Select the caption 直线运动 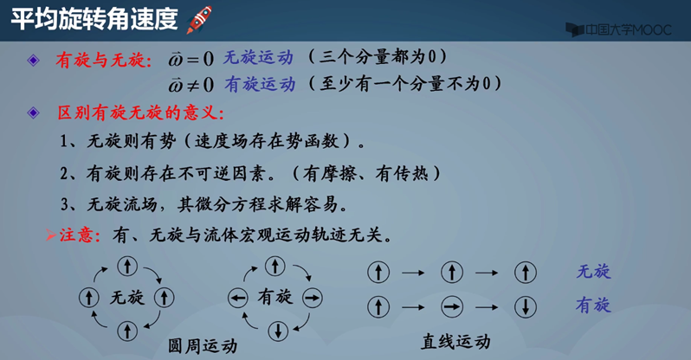[455, 340]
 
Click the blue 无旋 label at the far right [594, 272]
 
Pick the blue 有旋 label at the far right [594, 305]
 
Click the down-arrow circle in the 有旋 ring [277, 330]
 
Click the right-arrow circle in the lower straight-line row [449, 305]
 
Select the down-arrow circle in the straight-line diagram [523, 305]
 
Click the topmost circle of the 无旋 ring [126, 267]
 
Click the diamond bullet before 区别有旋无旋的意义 [34, 113]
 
